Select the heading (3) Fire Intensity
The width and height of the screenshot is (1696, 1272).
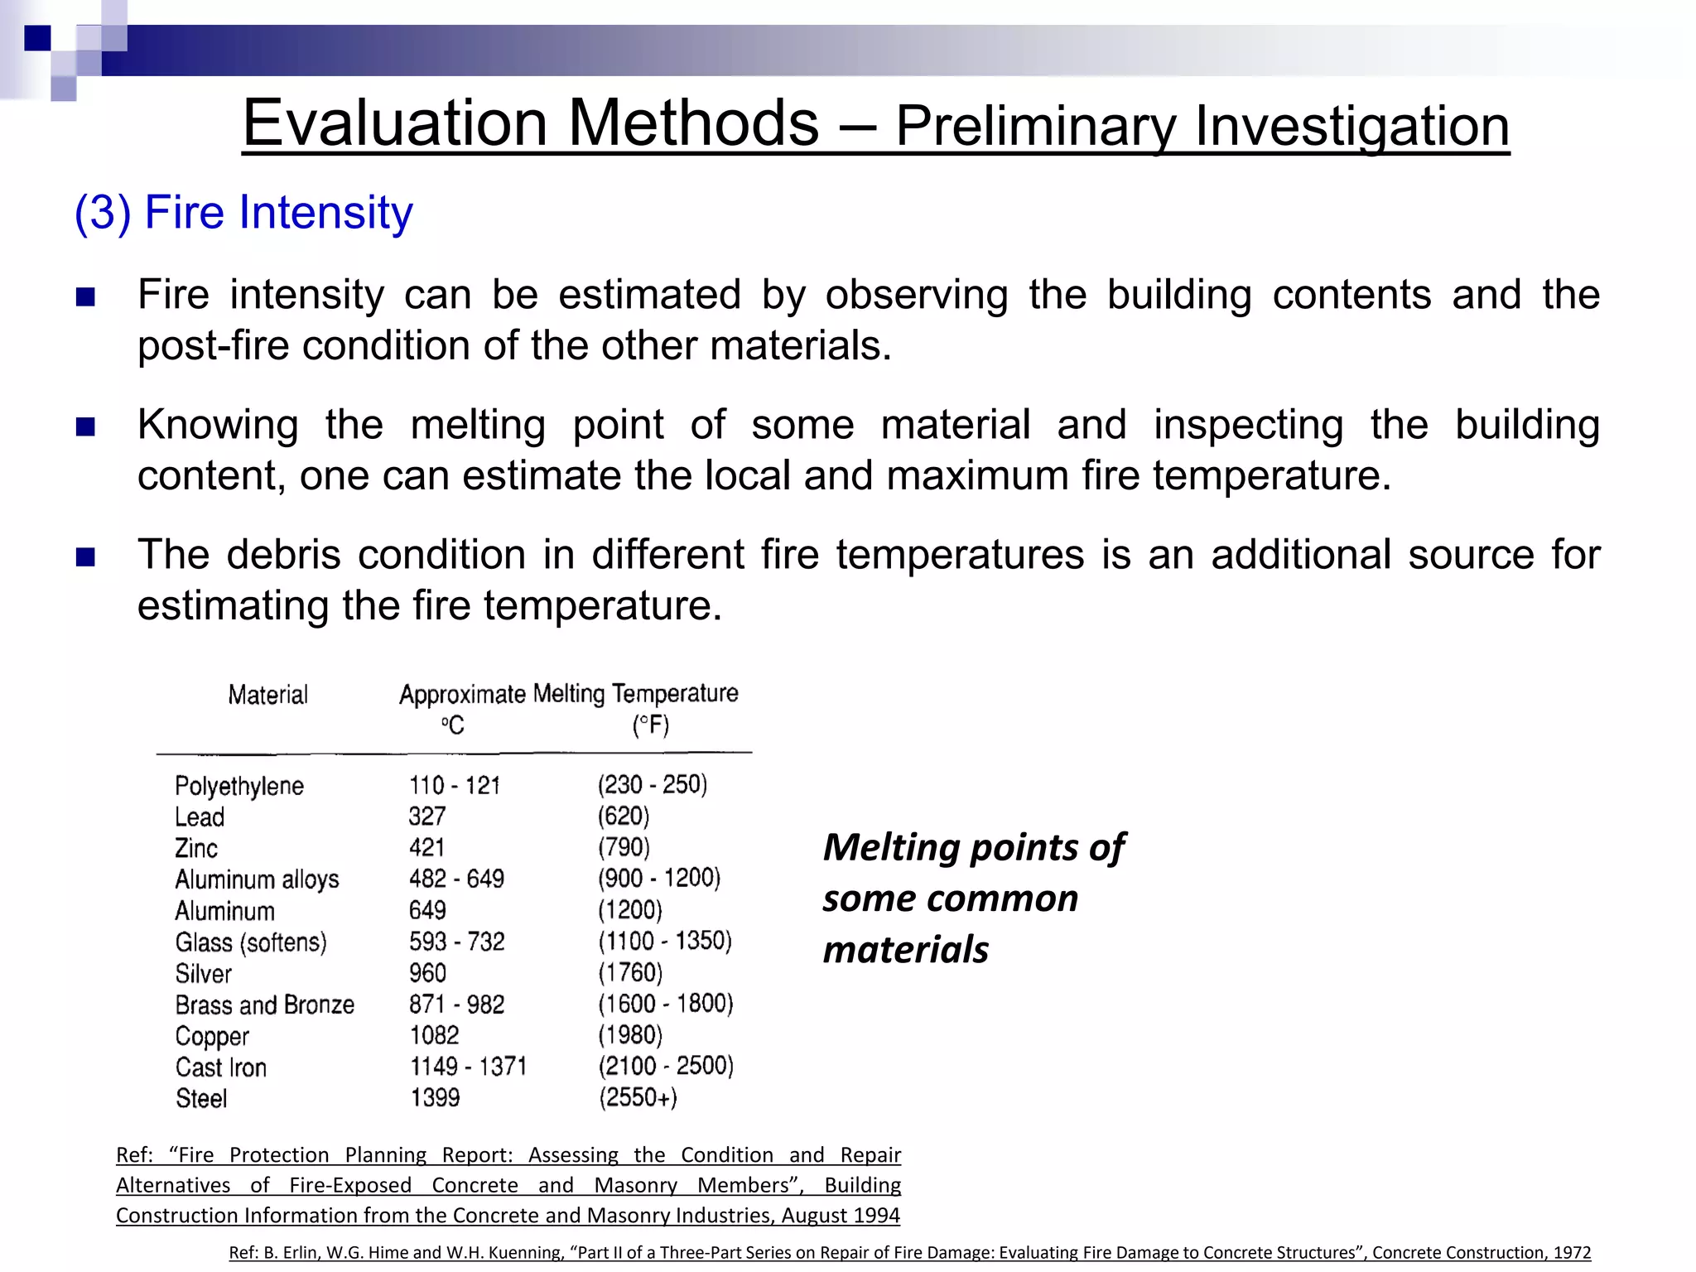pos(243,213)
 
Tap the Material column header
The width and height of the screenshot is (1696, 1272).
pos(267,695)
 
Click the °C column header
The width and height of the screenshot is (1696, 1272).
pos(452,725)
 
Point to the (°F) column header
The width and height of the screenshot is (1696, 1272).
pos(651,725)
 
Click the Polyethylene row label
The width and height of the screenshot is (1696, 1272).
pos(239,786)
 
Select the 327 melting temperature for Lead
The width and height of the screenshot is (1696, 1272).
pos(427,817)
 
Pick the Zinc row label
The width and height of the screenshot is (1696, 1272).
pos(196,848)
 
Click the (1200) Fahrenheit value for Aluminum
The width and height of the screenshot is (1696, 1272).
pos(630,910)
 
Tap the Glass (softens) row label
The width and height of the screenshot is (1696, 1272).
pos(251,942)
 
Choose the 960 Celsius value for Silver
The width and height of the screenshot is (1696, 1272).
pos(427,973)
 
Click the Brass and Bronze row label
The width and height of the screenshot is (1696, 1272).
pos(265,1005)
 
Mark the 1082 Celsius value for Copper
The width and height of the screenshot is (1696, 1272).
pos(435,1035)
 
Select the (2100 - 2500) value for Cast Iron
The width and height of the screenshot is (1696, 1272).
pos(666,1066)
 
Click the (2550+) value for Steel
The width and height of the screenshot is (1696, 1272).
pos(638,1098)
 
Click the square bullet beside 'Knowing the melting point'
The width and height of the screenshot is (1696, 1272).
pos(85,426)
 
